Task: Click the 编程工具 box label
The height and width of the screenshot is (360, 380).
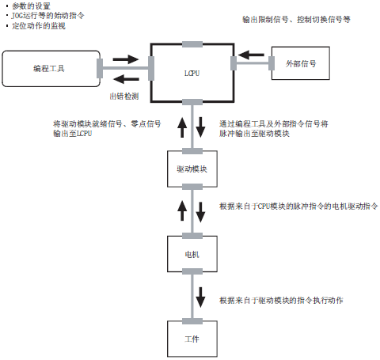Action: [49, 69]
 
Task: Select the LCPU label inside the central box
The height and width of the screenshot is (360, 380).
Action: [192, 73]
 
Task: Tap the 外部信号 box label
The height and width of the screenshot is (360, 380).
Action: [301, 63]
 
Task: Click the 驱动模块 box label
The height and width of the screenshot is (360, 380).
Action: [192, 169]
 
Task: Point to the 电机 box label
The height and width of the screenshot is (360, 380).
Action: [192, 254]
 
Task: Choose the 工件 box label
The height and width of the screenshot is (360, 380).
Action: [192, 339]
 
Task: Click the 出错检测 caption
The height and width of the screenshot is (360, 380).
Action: [124, 97]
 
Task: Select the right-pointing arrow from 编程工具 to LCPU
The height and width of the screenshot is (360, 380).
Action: [126, 59]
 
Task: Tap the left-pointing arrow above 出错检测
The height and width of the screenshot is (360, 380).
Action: [126, 79]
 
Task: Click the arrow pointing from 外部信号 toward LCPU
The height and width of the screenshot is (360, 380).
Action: [251, 55]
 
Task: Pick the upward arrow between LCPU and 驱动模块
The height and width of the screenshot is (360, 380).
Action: [182, 127]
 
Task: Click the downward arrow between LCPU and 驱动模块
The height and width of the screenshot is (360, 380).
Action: [200, 127]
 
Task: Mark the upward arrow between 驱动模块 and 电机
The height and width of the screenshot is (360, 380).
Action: [182, 210]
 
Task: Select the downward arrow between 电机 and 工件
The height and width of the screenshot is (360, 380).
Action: [200, 297]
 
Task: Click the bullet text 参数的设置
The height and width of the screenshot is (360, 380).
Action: [31, 6]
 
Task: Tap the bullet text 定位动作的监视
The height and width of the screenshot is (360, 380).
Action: [39, 26]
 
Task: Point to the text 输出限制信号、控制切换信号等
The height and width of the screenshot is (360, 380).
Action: [296, 19]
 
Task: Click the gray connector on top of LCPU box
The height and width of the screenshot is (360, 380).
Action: [192, 44]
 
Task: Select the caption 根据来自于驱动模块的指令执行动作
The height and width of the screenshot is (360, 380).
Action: [281, 300]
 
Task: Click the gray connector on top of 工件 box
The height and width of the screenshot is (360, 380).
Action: [192, 321]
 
